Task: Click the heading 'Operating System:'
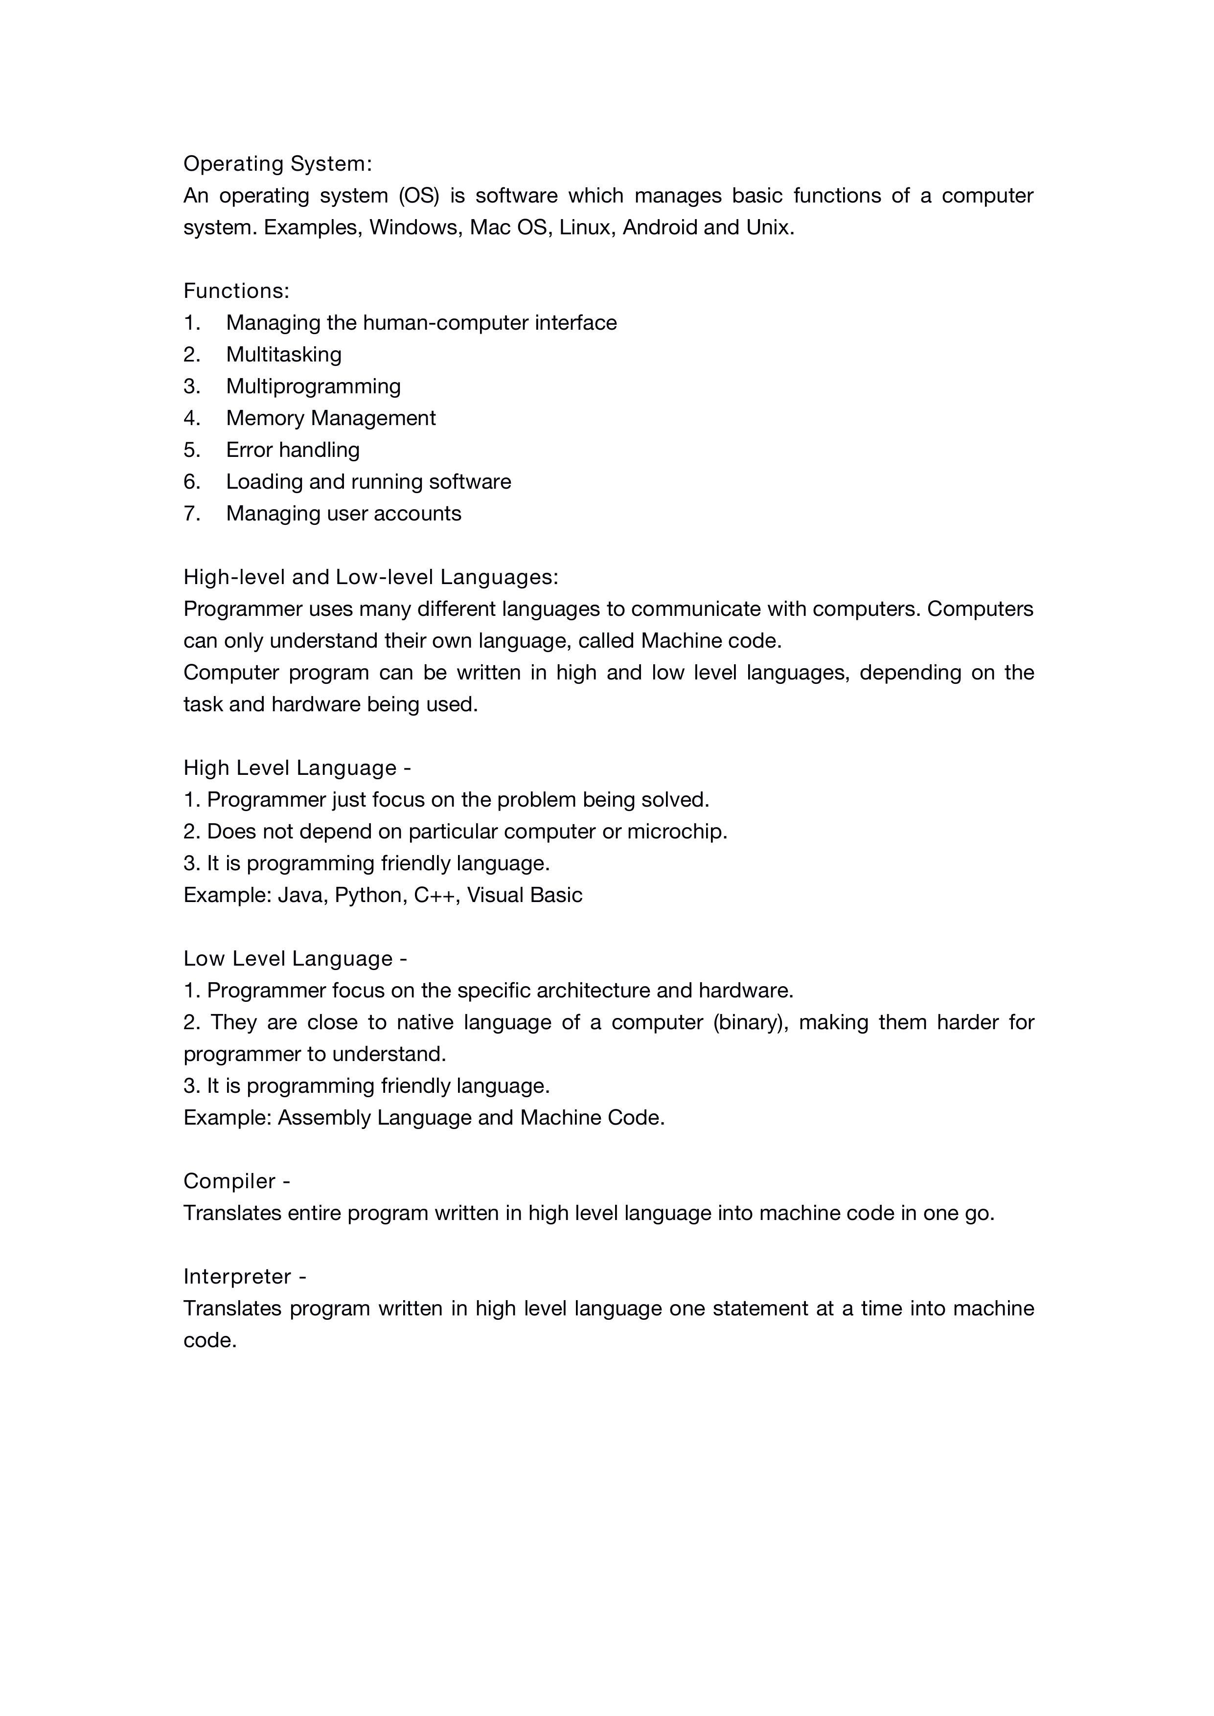[x=277, y=164]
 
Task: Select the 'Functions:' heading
[x=236, y=291]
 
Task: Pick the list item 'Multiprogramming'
[x=313, y=386]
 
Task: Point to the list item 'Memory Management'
[x=330, y=418]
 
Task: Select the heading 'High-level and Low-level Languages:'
[x=371, y=577]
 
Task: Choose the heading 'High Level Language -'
[x=297, y=768]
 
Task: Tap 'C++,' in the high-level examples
[x=436, y=895]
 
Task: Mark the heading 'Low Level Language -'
[x=295, y=959]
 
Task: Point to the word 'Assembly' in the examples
[x=323, y=1118]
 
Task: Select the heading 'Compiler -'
[x=236, y=1182]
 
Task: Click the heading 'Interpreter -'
[x=245, y=1277]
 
